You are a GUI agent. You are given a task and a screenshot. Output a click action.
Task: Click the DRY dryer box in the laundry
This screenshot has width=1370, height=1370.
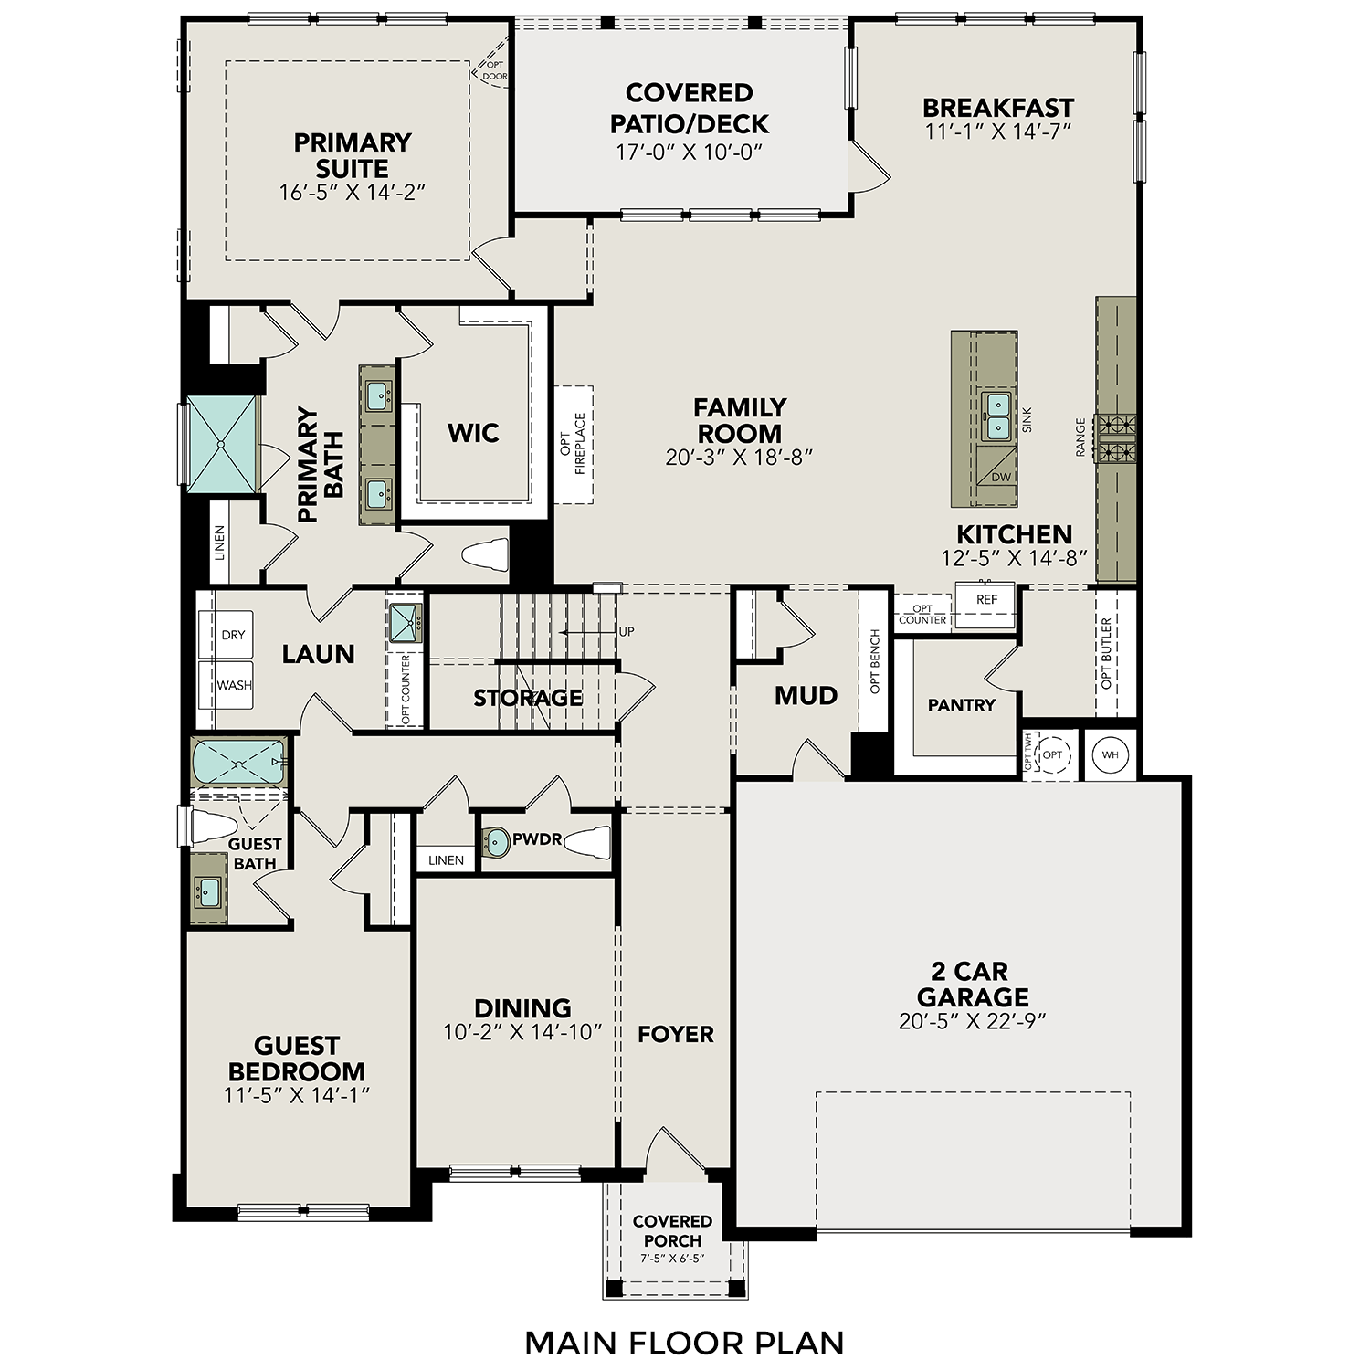pos(227,635)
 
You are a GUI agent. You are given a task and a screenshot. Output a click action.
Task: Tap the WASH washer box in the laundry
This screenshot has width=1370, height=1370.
pos(227,685)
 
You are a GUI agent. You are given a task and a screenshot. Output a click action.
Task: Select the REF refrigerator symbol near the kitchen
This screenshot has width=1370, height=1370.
pos(986,601)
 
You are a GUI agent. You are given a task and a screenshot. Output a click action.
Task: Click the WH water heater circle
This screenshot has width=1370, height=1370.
pos(1110,754)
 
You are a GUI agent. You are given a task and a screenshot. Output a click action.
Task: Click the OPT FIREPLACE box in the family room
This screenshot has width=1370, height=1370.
pos(573,444)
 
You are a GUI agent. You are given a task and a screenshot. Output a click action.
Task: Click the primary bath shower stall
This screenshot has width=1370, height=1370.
pos(222,445)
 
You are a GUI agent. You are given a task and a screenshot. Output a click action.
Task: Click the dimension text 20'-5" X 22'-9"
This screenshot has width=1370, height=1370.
pos(972,1021)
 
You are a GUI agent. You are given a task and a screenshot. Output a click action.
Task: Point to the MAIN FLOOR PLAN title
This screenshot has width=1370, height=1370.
pos(684,1343)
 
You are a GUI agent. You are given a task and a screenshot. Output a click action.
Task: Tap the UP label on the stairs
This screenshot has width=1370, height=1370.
pos(626,631)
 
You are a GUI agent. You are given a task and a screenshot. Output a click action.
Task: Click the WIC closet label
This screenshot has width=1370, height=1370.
pos(472,432)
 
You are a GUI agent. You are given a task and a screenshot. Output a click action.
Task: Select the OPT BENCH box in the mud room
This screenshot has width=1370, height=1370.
pos(874,659)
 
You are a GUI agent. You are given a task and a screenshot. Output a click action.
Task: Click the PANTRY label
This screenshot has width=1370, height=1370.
pos(961,705)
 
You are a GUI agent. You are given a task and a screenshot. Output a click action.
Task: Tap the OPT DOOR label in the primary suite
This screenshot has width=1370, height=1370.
pos(494,71)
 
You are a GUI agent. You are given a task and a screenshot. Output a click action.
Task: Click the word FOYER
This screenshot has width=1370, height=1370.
pos(676,1034)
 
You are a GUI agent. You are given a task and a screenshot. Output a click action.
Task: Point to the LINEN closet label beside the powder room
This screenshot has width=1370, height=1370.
pos(446,860)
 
